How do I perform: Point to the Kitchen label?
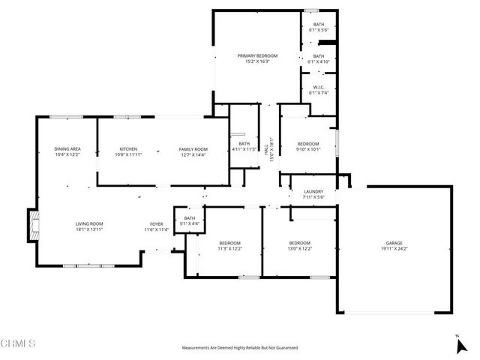point(127,149)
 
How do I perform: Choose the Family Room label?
point(193,149)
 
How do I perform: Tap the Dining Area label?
point(67,149)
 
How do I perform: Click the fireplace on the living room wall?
point(32,225)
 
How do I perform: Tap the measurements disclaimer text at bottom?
point(240,348)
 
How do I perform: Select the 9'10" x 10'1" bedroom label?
point(308,146)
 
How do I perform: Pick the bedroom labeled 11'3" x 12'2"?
point(229,245)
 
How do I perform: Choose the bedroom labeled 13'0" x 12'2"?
point(300,245)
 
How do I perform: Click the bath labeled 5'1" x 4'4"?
point(184,220)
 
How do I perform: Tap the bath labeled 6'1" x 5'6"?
point(318,27)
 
